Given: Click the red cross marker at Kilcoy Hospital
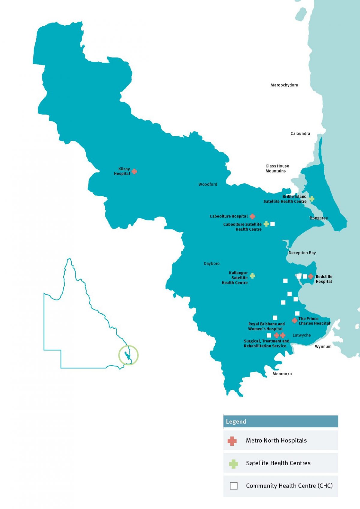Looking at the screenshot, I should [134, 171].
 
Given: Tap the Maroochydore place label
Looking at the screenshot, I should [284, 85].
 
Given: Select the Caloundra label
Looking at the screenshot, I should [300, 133].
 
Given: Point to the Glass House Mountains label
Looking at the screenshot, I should [277, 169].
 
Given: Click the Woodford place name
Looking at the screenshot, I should [208, 184].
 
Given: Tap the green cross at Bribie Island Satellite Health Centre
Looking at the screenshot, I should [312, 199].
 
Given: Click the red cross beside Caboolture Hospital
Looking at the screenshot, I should [252, 216].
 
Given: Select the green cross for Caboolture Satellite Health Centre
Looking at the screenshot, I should [266, 224].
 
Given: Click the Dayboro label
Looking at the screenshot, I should [211, 264].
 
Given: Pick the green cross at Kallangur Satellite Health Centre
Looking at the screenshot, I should [252, 276].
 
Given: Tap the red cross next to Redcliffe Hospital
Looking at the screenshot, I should [311, 276].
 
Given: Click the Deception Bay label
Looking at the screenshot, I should [302, 253].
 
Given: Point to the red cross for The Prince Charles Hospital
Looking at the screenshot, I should [295, 320].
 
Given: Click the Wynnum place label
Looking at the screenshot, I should [323, 346].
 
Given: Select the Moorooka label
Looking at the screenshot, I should [282, 374].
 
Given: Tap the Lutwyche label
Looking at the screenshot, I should [301, 335].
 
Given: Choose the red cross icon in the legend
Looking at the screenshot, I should [232, 441].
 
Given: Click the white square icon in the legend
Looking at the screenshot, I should [234, 486].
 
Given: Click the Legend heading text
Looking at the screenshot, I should [236, 422].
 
